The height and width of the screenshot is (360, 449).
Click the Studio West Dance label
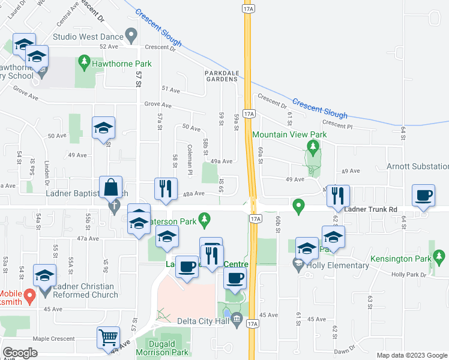tap(88, 37)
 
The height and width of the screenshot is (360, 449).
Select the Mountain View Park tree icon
tap(312, 146)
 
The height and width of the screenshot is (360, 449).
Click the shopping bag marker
tap(112, 188)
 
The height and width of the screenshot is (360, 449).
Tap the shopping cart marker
tap(108, 337)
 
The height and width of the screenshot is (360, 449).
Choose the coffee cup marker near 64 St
tap(424, 196)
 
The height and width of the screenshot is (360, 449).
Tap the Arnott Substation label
tap(417, 166)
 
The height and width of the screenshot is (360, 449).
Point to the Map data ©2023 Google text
tap(411, 355)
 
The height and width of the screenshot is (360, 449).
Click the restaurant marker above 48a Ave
tap(164, 188)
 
